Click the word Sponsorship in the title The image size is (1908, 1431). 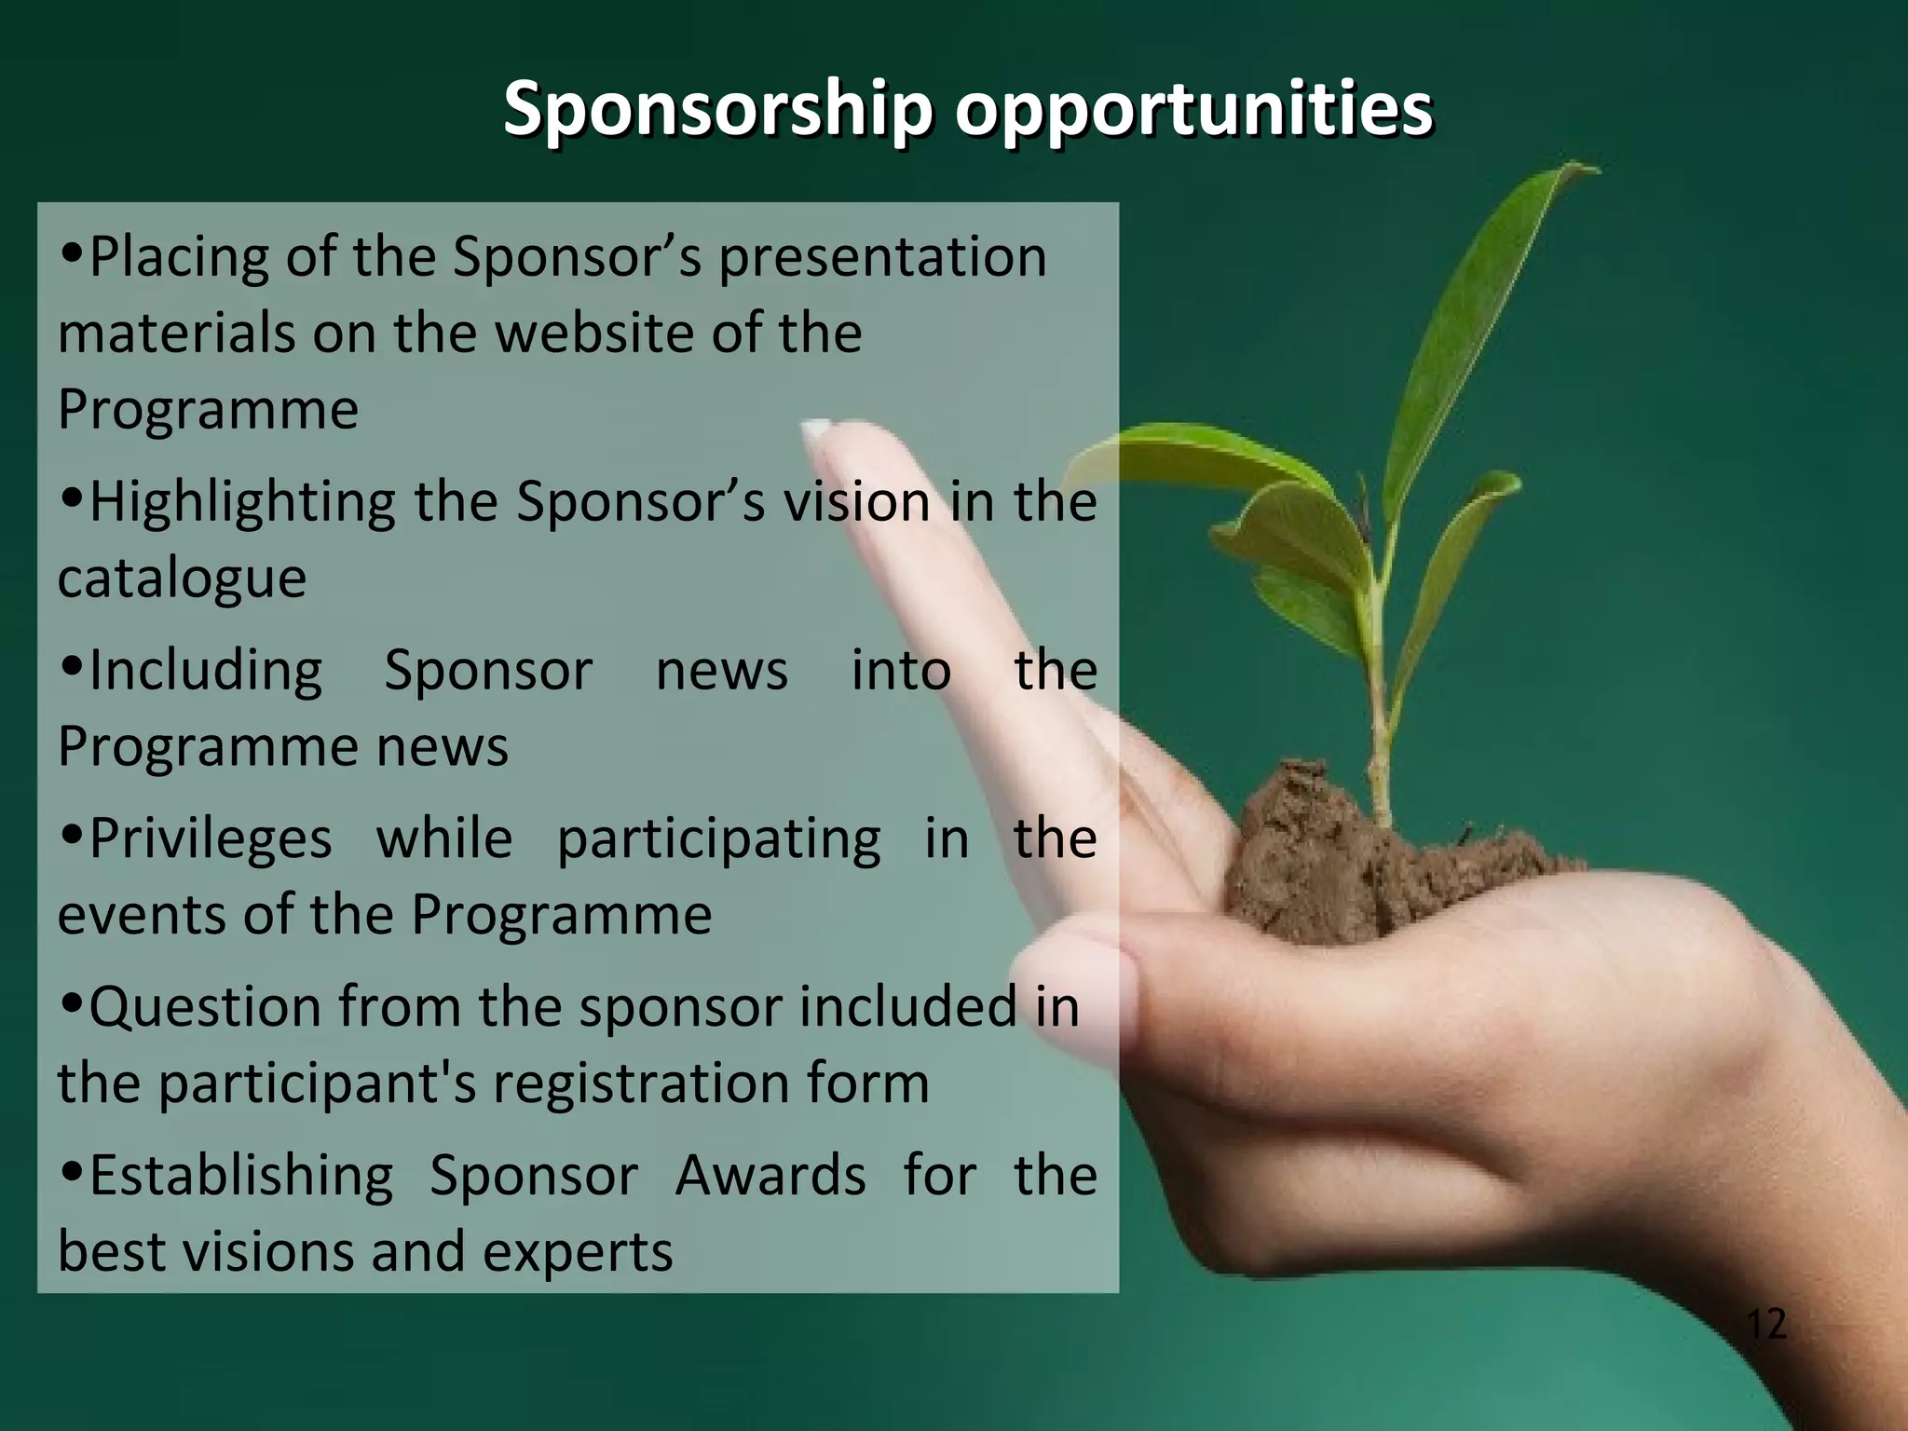click(x=717, y=110)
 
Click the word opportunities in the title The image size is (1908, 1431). click(x=1193, y=110)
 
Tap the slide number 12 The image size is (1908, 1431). click(x=1766, y=1324)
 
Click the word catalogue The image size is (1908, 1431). click(x=182, y=579)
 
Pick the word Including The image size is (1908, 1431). click(x=206, y=671)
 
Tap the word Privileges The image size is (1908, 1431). click(x=211, y=839)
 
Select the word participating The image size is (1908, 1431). click(x=718, y=839)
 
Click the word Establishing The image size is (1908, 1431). click(x=241, y=1177)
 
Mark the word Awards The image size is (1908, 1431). click(x=770, y=1177)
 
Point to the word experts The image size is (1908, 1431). click(x=578, y=1252)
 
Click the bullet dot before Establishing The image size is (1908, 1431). click(x=71, y=1171)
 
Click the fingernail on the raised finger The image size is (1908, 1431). click(x=817, y=429)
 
